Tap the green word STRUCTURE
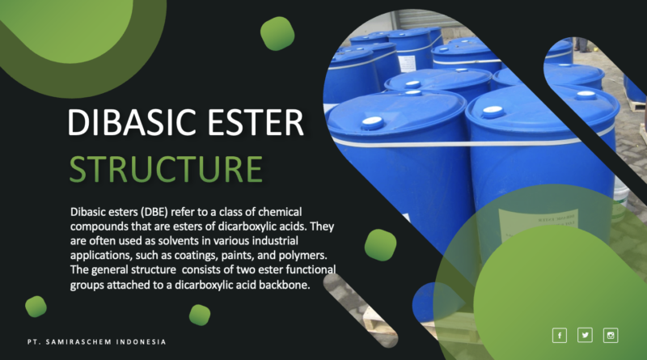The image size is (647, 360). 166,167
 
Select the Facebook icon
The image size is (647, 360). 559,335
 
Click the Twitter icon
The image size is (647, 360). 585,335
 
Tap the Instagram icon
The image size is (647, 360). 611,335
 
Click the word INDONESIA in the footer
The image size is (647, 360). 138,342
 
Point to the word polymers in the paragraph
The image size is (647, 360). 309,255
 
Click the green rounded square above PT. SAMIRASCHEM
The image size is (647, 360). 36,306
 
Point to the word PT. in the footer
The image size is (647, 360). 31,342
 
